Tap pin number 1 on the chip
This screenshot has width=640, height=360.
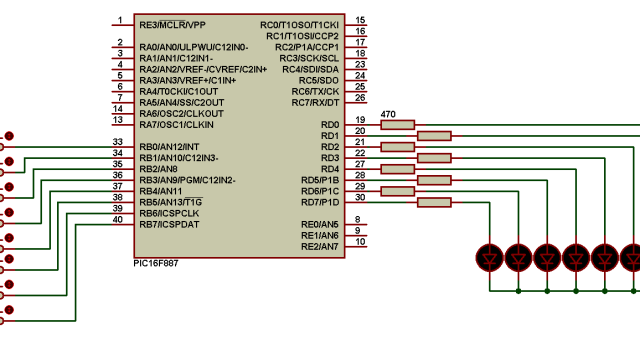(119, 20)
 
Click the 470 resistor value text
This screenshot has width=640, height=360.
(390, 115)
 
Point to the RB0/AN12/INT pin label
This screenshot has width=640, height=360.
(176, 147)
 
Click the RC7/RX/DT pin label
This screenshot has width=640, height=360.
(316, 102)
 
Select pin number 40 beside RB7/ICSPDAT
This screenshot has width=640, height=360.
(118, 219)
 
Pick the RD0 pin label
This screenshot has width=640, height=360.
(329, 125)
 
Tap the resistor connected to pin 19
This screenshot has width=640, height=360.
(397, 125)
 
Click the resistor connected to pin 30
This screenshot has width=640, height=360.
(432, 202)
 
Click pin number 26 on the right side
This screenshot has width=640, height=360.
(360, 97)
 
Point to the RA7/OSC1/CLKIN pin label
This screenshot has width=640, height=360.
(176, 124)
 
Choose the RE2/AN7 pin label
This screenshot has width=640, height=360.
(321, 246)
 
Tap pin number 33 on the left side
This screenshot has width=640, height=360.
(118, 142)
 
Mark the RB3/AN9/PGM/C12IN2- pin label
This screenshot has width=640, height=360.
(187, 180)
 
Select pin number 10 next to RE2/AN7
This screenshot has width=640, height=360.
(360, 241)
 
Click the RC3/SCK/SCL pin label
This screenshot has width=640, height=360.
(311, 58)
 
